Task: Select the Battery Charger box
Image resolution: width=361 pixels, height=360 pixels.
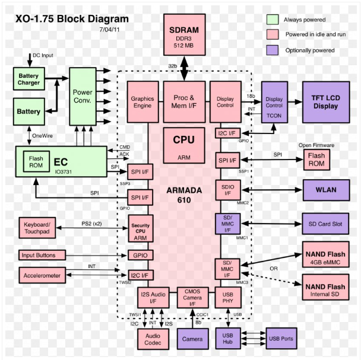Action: pos(28,79)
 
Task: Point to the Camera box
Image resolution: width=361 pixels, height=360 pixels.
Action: pos(192,338)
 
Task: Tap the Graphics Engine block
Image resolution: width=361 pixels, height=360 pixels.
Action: pos(143,101)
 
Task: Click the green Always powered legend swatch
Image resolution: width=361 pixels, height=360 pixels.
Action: pos(273,20)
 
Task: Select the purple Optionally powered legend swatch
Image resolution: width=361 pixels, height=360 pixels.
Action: pos(273,50)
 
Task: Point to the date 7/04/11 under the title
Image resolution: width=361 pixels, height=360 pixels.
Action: pos(111,28)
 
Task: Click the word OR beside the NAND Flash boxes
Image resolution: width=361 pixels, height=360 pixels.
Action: pos(273,267)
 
